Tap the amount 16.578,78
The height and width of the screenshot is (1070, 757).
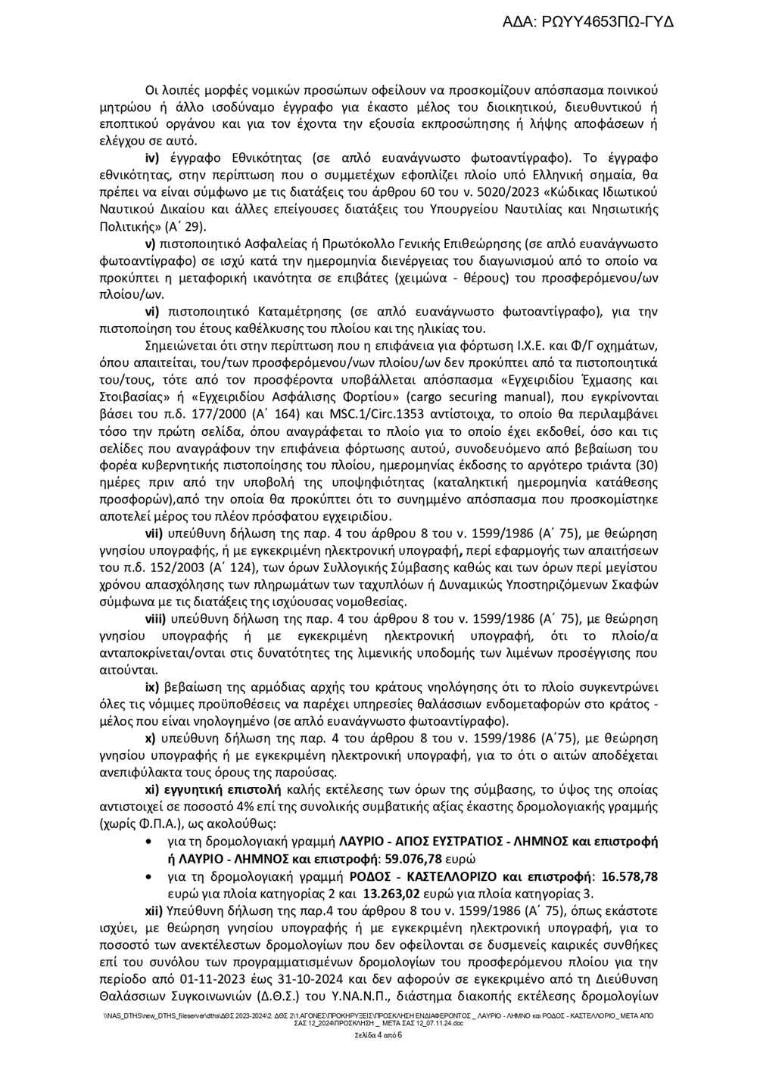point(629,876)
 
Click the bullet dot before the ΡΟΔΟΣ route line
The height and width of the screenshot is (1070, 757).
point(156,876)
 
